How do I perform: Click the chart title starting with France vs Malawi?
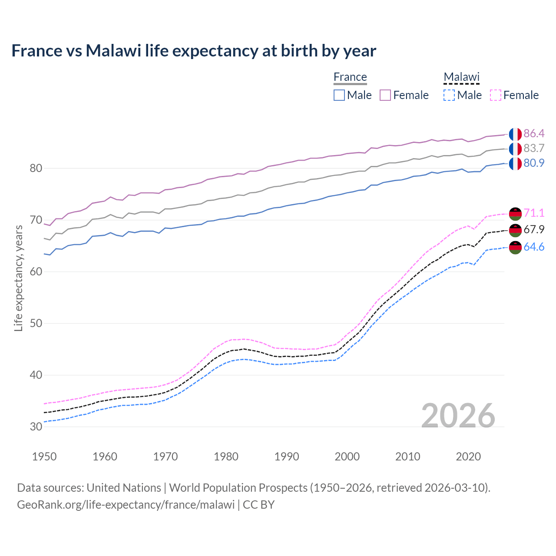tap(194, 51)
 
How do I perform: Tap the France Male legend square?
tap(339, 95)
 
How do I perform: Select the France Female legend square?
tap(385, 95)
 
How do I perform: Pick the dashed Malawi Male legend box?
tap(449, 95)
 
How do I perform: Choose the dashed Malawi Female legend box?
tap(496, 95)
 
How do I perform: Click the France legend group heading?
tap(350, 77)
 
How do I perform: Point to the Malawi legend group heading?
tap(461, 77)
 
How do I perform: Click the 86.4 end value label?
tap(534, 133)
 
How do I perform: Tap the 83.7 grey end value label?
tap(534, 149)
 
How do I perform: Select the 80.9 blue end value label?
tap(534, 163)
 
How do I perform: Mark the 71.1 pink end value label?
tap(534, 213)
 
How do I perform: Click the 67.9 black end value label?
tap(534, 230)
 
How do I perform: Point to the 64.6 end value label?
tap(534, 247)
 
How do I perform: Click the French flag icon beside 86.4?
tap(515, 134)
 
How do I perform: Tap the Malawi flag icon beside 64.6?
tap(515, 248)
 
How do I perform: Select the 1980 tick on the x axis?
tap(226, 457)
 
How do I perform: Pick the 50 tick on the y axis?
tap(36, 324)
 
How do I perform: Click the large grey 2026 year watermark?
tap(458, 416)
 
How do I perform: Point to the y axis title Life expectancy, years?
tap(19, 278)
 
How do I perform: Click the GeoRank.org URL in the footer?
tap(126, 505)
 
